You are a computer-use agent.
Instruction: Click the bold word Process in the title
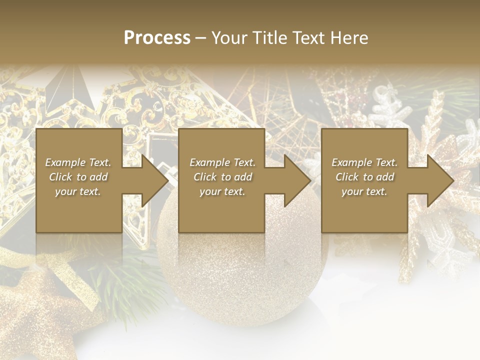point(157,38)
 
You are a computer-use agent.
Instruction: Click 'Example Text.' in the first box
point(78,162)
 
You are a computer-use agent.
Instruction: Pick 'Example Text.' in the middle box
point(222,162)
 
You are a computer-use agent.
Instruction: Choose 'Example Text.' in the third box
point(364,162)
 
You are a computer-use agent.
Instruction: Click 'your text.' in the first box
point(78,191)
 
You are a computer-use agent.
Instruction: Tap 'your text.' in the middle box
point(222,191)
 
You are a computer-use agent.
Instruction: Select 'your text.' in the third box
point(364,191)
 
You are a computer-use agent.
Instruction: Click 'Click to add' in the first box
point(78,177)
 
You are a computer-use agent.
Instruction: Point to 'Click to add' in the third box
point(364,177)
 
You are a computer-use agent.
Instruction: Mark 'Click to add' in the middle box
point(222,177)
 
